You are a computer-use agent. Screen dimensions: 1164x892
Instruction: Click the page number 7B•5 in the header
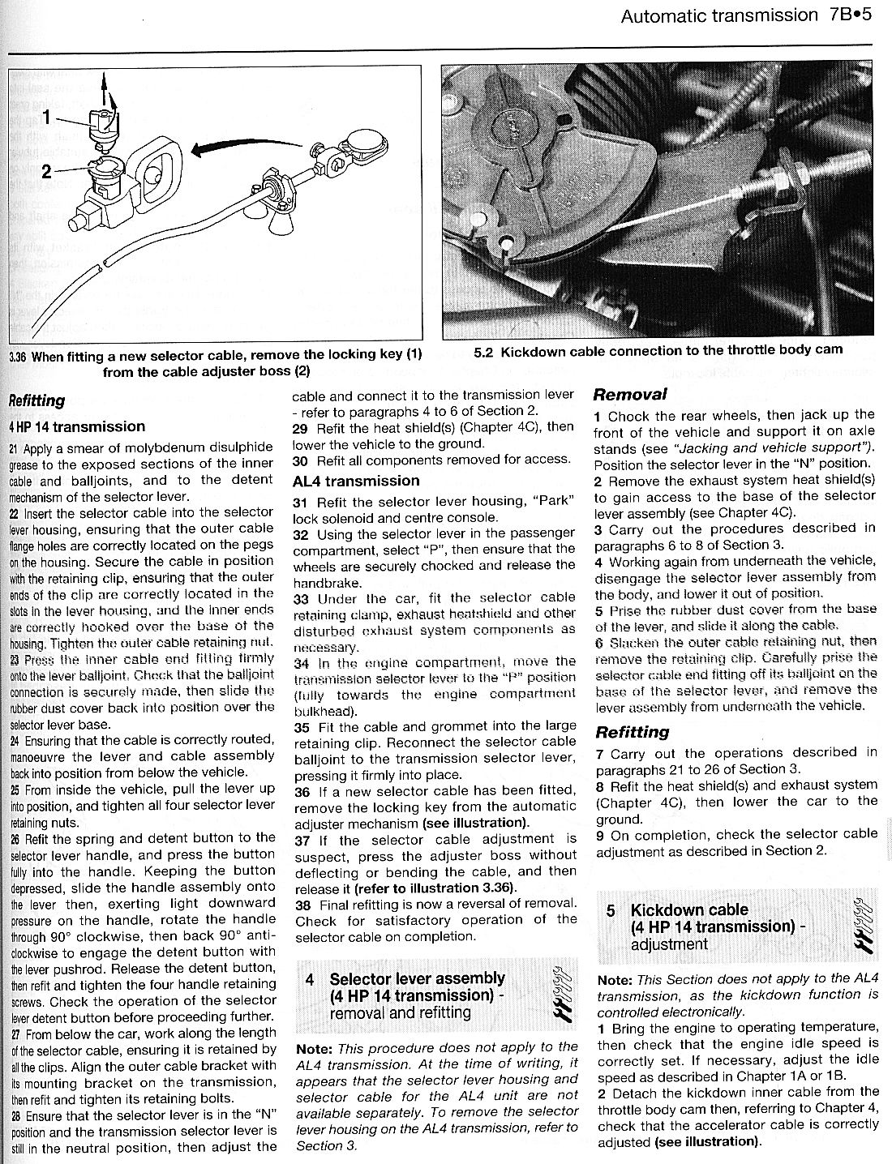[x=850, y=15]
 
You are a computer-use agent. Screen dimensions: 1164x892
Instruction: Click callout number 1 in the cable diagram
[x=47, y=118]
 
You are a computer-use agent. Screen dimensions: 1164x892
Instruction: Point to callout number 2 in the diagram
[x=47, y=170]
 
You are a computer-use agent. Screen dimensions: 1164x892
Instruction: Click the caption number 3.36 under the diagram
[x=17, y=357]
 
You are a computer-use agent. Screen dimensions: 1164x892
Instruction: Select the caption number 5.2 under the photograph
[x=484, y=351]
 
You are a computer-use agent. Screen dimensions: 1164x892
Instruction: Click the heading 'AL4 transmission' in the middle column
[x=356, y=481]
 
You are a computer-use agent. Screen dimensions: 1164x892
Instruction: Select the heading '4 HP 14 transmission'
[x=77, y=426]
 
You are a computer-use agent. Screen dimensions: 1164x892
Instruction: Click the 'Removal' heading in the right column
[x=630, y=395]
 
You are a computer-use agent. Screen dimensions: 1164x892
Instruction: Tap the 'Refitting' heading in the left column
[x=36, y=400]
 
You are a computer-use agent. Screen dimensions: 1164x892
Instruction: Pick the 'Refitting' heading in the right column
[x=633, y=732]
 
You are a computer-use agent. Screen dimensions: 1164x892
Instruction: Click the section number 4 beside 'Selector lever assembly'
[x=310, y=979]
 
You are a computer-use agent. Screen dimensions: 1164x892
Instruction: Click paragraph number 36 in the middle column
[x=302, y=791]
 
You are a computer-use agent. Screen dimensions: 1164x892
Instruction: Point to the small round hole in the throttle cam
[x=507, y=242]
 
